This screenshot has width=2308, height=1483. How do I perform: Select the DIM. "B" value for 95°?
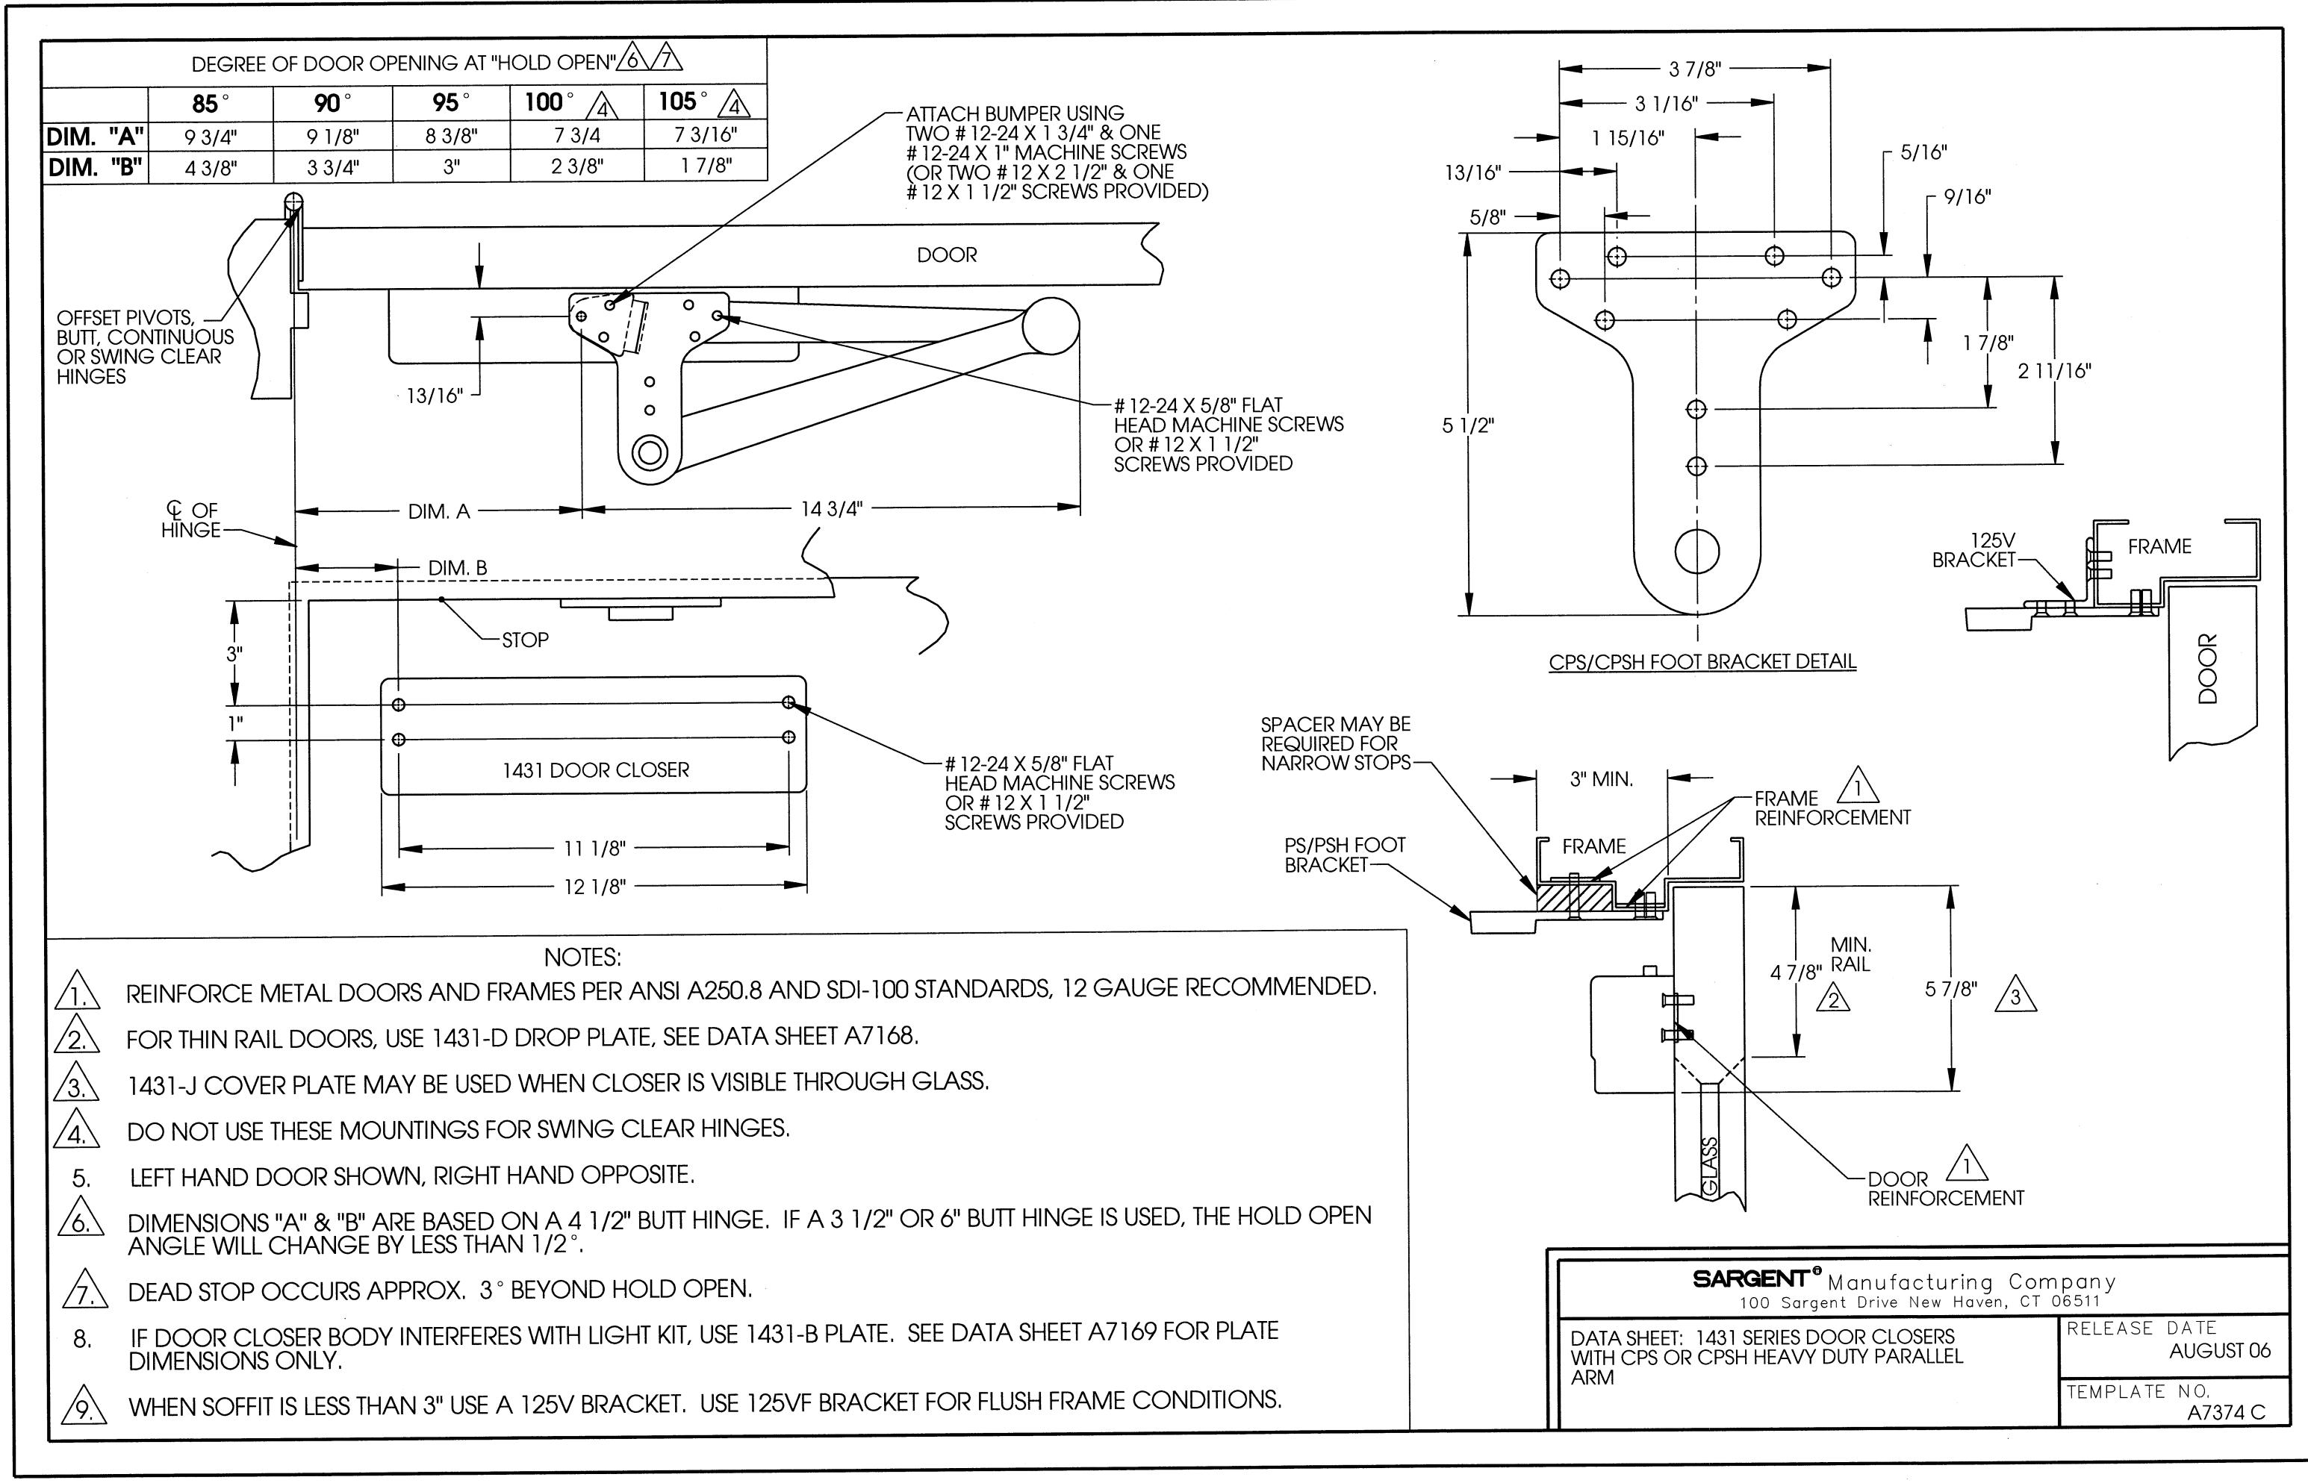click(x=451, y=166)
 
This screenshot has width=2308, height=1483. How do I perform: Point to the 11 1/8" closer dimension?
click(x=594, y=849)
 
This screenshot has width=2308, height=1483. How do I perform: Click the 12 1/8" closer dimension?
click(x=594, y=887)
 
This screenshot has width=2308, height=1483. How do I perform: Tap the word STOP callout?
click(x=525, y=640)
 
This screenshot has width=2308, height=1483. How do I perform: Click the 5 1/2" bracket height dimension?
click(x=1467, y=425)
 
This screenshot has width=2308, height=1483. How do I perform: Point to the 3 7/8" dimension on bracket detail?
click(x=1694, y=69)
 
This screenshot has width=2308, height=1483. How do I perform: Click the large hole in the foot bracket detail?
click(x=1696, y=551)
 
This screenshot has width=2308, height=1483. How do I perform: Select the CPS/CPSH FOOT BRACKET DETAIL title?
click(x=1702, y=661)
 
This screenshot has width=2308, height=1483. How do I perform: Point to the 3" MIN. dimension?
click(x=1601, y=779)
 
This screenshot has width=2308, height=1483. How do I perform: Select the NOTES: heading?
click(x=582, y=958)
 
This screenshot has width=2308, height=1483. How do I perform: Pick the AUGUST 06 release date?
click(x=2219, y=1351)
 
